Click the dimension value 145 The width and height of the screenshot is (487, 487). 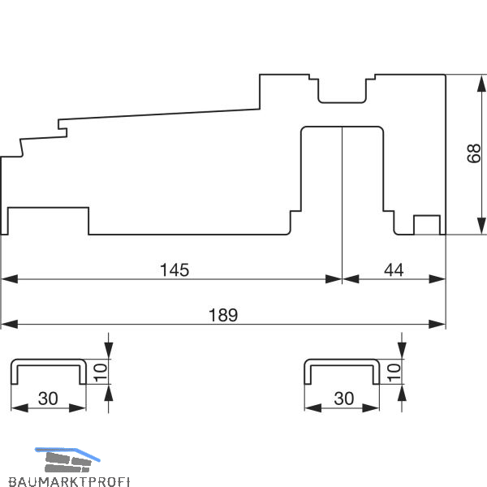[175, 270]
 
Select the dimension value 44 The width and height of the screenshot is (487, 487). [394, 270]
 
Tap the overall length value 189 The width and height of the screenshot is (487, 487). [223, 315]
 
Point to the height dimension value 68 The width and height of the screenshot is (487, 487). [474, 153]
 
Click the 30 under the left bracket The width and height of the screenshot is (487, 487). [48, 399]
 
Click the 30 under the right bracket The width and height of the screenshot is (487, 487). [344, 399]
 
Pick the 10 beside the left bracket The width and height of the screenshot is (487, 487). [101, 373]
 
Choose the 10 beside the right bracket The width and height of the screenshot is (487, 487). [394, 373]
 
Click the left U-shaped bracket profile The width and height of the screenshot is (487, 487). [49, 372]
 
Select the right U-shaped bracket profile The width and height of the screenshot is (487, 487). [342, 372]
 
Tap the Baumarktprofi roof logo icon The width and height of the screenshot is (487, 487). [67, 460]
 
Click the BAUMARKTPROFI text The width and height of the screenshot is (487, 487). [69, 481]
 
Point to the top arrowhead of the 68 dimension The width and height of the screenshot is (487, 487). [481, 84]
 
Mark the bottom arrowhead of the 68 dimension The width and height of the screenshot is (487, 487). [481, 226]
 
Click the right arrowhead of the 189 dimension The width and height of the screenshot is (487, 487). [437, 324]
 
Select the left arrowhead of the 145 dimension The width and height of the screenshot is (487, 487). [10, 279]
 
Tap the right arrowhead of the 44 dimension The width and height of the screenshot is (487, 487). [437, 279]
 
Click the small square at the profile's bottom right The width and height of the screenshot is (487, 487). [427, 225]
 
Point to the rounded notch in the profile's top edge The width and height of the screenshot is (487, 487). [342, 91]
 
